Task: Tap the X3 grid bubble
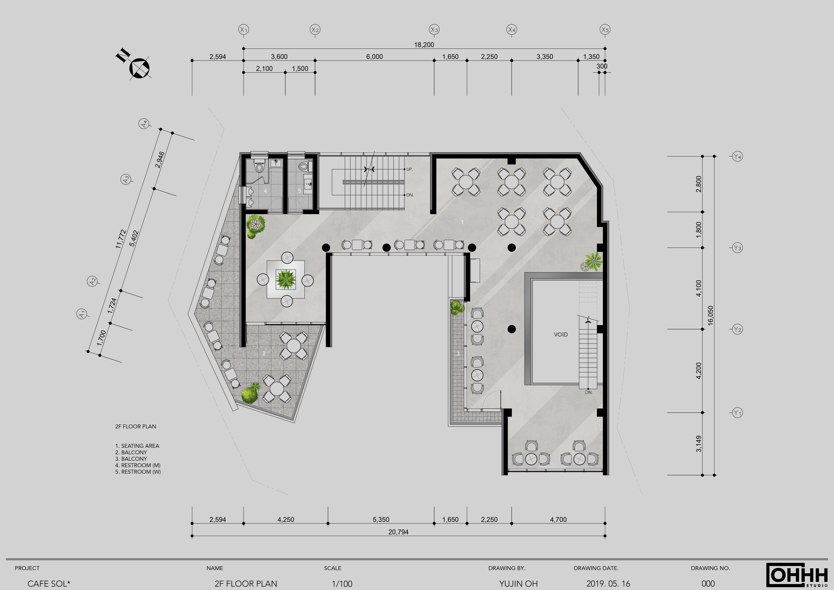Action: pyautogui.click(x=434, y=30)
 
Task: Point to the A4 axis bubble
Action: pyautogui.click(x=144, y=124)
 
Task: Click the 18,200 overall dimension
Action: pyautogui.click(x=424, y=45)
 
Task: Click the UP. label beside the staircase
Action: pyautogui.click(x=409, y=169)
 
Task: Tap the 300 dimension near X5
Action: pyautogui.click(x=602, y=66)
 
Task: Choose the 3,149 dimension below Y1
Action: pyautogui.click(x=699, y=444)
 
